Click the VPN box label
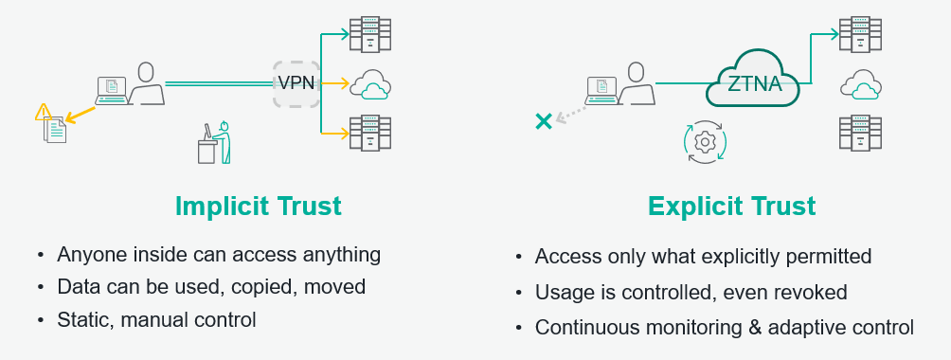pyautogui.click(x=296, y=83)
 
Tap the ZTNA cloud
pyautogui.click(x=754, y=83)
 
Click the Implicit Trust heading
pyautogui.click(x=258, y=206)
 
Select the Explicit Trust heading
pyautogui.click(x=731, y=206)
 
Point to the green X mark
pyautogui.click(x=544, y=120)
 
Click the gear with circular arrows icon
pyautogui.click(x=704, y=142)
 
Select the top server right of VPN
pyautogui.click(x=369, y=34)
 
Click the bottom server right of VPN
pyautogui.click(x=369, y=133)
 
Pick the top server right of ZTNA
pyautogui.click(x=859, y=35)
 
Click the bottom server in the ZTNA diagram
pyautogui.click(x=859, y=133)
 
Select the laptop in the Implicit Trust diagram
pyautogui.click(x=111, y=89)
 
